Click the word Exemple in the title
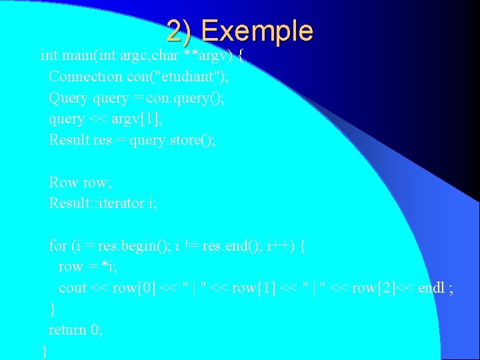point(257,31)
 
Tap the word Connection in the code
point(85,77)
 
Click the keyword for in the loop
point(57,245)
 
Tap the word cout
point(73,287)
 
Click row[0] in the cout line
point(135,287)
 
